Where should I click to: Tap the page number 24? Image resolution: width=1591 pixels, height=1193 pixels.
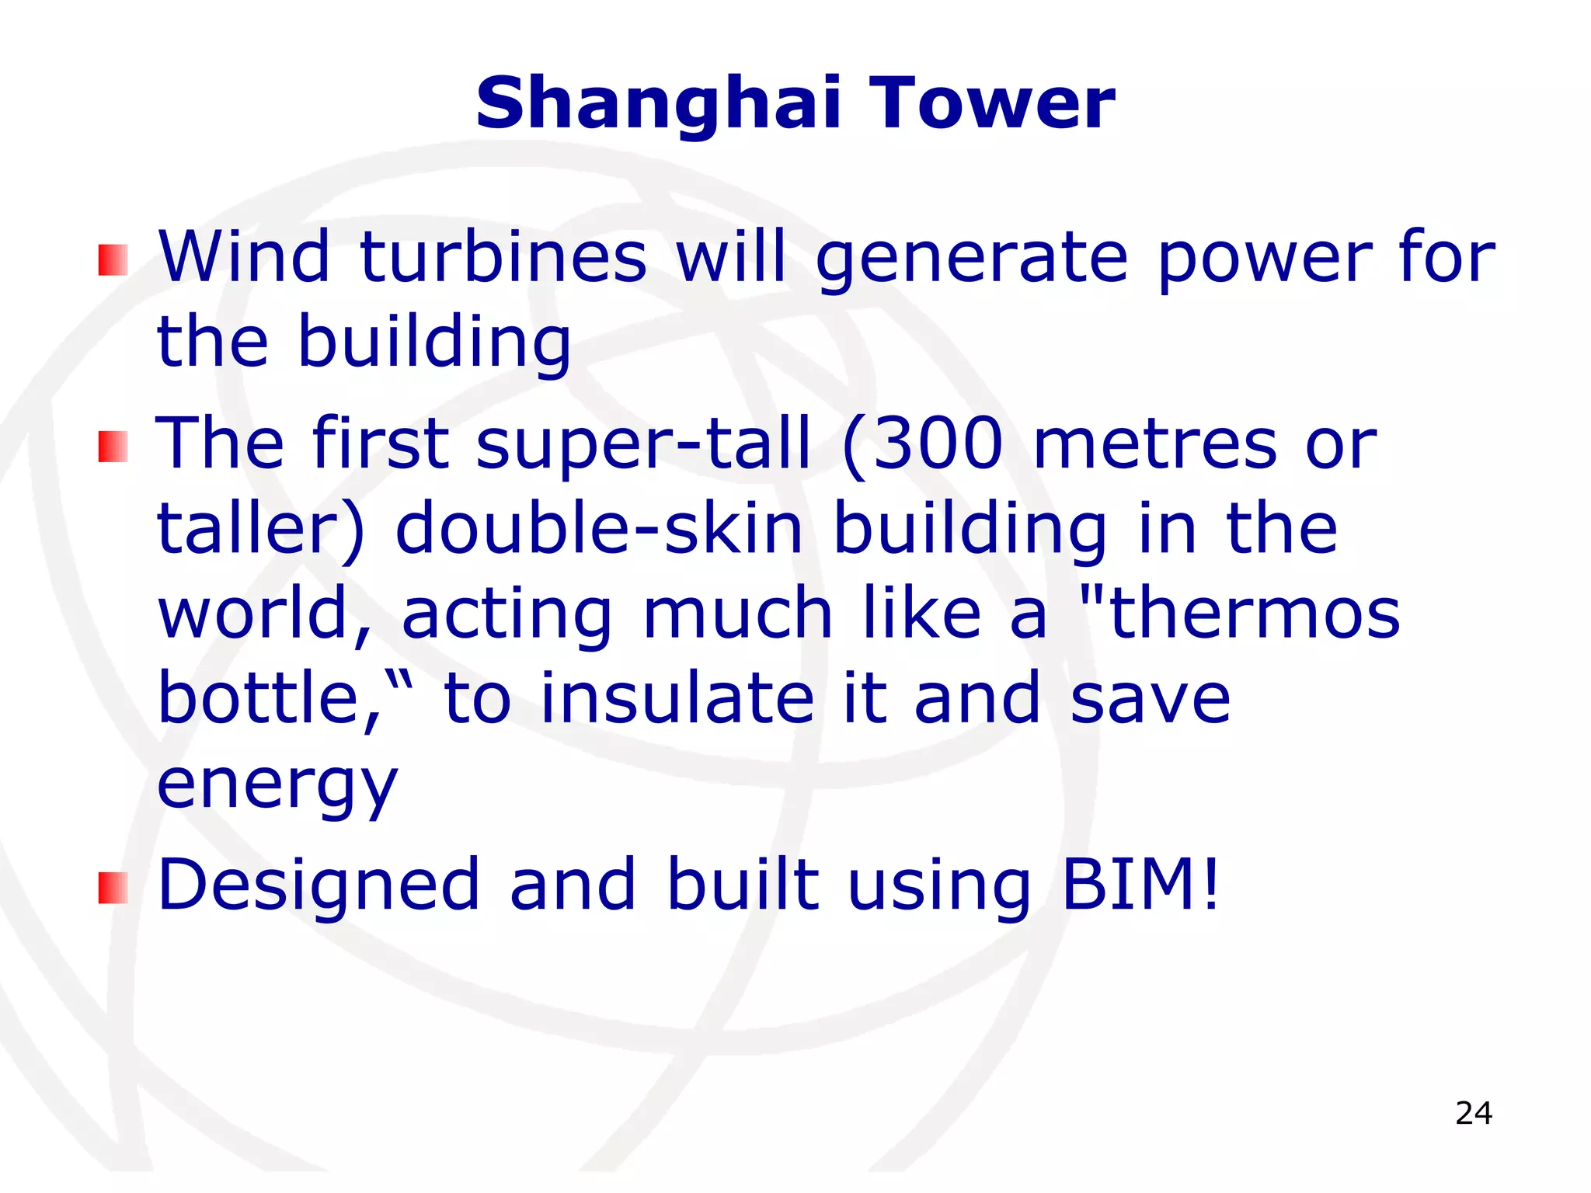(1474, 1113)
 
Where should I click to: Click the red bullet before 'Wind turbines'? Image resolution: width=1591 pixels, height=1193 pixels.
(113, 260)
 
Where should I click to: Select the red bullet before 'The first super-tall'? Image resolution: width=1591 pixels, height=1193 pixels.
(113, 447)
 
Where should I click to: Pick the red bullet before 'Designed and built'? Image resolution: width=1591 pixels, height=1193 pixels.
(113, 888)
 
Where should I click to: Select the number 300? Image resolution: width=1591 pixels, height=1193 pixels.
(938, 444)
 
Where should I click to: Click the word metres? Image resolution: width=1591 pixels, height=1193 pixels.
(1155, 444)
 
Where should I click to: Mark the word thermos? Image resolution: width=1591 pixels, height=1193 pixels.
(1255, 614)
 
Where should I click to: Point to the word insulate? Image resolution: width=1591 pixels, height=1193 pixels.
(677, 697)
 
